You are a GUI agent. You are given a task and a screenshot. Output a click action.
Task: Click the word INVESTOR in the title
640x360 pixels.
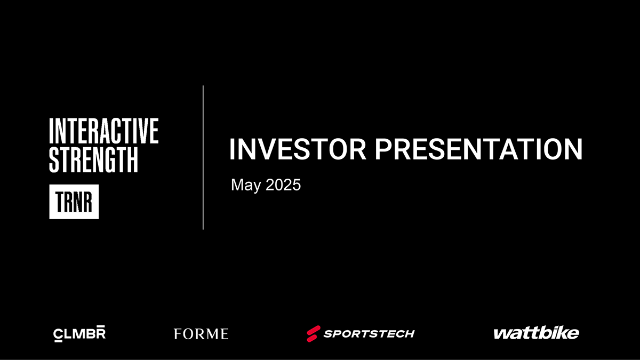click(298, 149)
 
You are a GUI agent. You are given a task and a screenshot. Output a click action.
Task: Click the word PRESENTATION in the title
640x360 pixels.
click(478, 149)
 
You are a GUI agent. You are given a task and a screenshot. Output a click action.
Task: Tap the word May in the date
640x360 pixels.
click(246, 185)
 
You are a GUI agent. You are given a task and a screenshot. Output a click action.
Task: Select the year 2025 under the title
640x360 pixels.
click(283, 185)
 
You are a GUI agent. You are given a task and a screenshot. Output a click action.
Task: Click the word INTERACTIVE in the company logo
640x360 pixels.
click(103, 131)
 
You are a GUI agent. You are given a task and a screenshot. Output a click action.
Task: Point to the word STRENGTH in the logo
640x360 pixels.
click(93, 159)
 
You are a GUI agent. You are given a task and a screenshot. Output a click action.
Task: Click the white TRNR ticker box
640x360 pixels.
click(74, 202)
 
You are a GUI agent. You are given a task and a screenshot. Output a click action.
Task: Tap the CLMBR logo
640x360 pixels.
click(79, 333)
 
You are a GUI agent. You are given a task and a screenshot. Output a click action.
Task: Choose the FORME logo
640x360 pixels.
click(201, 334)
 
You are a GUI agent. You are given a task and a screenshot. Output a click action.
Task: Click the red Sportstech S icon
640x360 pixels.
click(314, 334)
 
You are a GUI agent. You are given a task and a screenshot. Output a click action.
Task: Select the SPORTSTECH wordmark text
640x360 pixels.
click(369, 334)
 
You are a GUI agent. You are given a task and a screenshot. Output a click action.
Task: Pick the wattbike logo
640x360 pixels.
click(537, 333)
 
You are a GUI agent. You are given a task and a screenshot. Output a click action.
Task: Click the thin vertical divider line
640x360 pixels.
click(203, 157)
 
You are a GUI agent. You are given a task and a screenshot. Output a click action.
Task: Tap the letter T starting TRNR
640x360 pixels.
click(59, 202)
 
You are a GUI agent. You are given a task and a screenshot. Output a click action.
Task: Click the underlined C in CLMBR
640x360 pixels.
click(58, 335)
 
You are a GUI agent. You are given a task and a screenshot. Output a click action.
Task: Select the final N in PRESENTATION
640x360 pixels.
click(574, 149)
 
